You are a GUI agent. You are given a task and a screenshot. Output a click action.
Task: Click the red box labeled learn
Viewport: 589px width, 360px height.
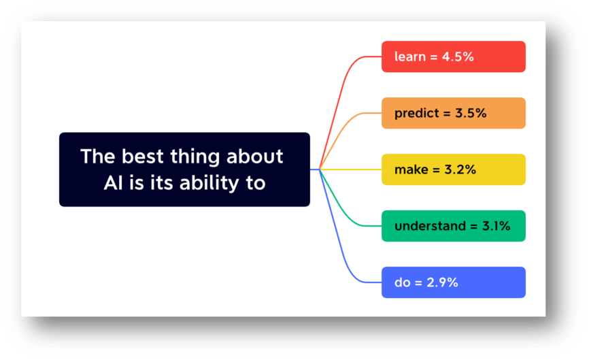click(454, 56)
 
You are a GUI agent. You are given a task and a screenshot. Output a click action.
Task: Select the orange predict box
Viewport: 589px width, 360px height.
click(454, 113)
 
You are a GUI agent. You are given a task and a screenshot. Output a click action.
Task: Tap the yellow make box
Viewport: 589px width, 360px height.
click(454, 169)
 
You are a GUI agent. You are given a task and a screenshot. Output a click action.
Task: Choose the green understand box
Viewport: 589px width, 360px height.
click(454, 226)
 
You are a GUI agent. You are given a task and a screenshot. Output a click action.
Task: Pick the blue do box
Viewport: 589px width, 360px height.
click(454, 282)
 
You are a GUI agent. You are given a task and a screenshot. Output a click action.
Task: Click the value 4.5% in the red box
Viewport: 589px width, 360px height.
click(458, 56)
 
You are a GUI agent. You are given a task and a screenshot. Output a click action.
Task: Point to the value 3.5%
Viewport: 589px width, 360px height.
click(471, 113)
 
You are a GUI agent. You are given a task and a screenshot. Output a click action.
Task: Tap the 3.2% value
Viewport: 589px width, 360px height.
click(460, 169)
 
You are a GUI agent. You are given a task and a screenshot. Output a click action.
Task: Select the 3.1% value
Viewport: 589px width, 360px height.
click(497, 226)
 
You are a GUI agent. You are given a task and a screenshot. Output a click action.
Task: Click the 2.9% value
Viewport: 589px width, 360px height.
click(442, 282)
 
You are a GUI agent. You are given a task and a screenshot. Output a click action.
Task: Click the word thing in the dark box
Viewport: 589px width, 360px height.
click(195, 157)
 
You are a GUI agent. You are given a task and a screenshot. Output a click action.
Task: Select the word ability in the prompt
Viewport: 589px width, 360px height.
click(209, 184)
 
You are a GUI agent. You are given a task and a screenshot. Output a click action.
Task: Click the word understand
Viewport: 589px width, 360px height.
click(430, 226)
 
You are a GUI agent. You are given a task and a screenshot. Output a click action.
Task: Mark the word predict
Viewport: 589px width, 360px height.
click(416, 114)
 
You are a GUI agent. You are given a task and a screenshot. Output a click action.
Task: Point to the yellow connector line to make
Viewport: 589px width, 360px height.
click(350, 169)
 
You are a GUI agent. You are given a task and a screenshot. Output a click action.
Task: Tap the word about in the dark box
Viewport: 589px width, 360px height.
click(254, 156)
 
